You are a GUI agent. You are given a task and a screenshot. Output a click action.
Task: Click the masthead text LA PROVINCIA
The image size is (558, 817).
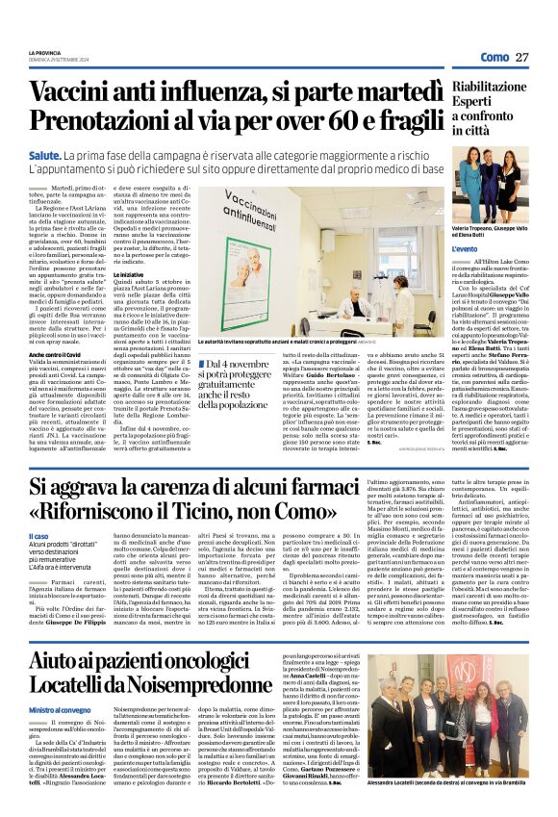tap(45, 52)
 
